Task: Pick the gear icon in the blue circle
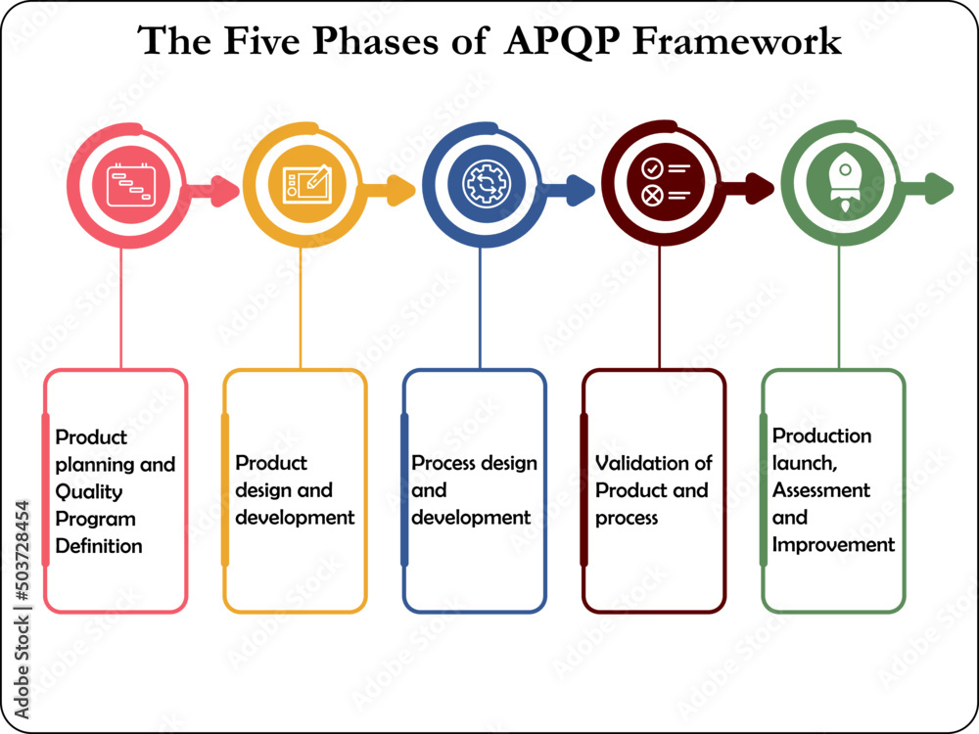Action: (x=480, y=183)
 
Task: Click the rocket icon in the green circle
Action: (x=838, y=183)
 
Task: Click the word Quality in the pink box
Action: (x=89, y=491)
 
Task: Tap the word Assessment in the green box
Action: (x=820, y=489)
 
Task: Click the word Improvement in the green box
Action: (x=833, y=544)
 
